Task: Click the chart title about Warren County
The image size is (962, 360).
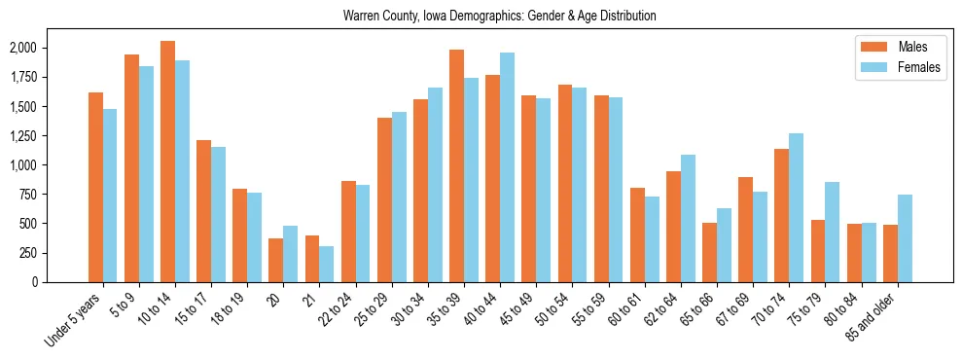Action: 500,16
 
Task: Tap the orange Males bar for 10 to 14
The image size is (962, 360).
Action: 168,162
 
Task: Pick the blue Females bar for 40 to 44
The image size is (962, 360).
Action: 507,167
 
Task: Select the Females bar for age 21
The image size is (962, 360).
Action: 327,264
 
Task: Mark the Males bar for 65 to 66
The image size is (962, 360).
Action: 709,252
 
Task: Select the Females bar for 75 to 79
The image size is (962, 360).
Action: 833,232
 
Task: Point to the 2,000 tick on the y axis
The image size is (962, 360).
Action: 22,48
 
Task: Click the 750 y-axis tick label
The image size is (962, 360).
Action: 27,195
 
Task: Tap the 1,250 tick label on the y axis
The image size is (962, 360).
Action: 22,136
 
